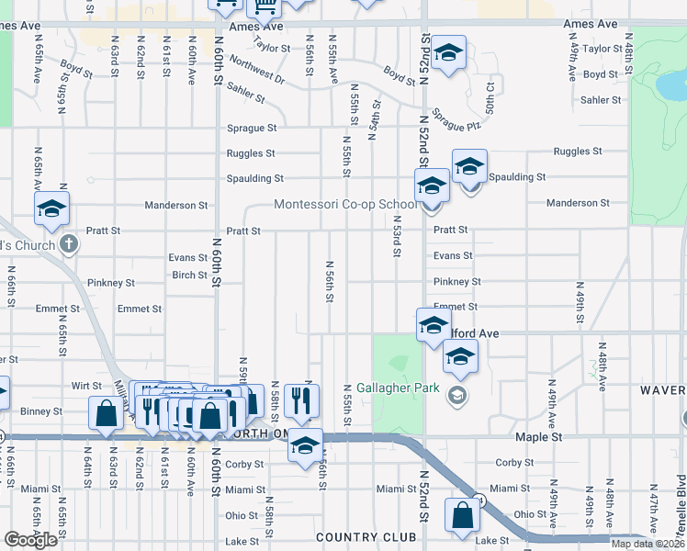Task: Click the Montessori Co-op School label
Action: pos(347,204)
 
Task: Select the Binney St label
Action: pos(44,411)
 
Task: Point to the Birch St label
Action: pos(189,275)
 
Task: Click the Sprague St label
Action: pos(253,129)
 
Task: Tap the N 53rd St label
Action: pos(396,237)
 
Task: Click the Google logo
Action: pos(30,540)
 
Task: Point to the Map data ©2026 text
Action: pos(648,544)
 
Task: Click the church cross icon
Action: pos(69,243)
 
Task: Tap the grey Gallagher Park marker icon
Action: pos(456,395)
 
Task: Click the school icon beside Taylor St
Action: pos(449,52)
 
